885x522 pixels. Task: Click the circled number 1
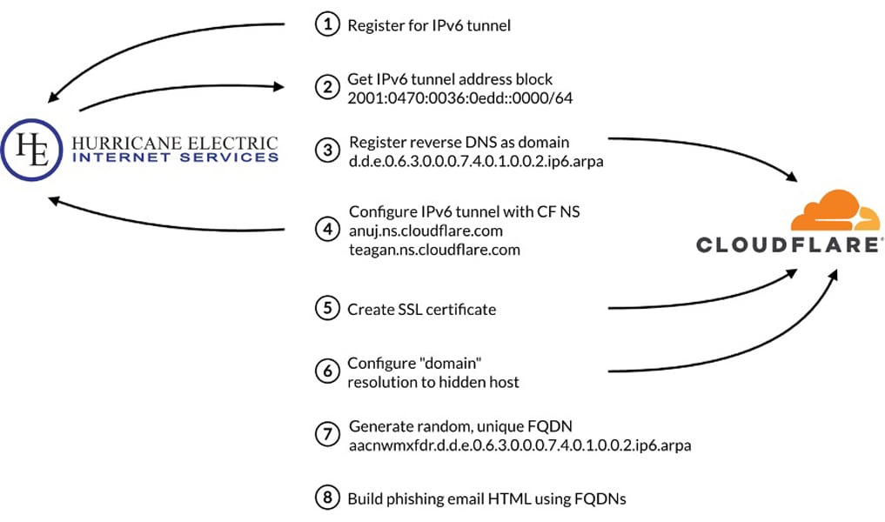(x=326, y=25)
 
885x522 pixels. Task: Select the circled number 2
(x=326, y=88)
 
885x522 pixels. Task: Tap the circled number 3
(x=326, y=150)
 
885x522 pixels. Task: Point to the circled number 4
(x=326, y=230)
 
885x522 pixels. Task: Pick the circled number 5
(x=326, y=309)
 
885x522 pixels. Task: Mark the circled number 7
(x=326, y=435)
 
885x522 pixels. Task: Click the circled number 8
(x=326, y=498)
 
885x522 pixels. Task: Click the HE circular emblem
(x=32, y=150)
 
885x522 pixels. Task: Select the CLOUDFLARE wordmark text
(x=790, y=244)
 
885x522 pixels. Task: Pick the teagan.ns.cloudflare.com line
(x=433, y=250)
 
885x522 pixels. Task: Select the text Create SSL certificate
(x=422, y=310)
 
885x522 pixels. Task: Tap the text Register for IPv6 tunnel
(x=429, y=26)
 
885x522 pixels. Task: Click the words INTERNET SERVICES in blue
(x=176, y=157)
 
